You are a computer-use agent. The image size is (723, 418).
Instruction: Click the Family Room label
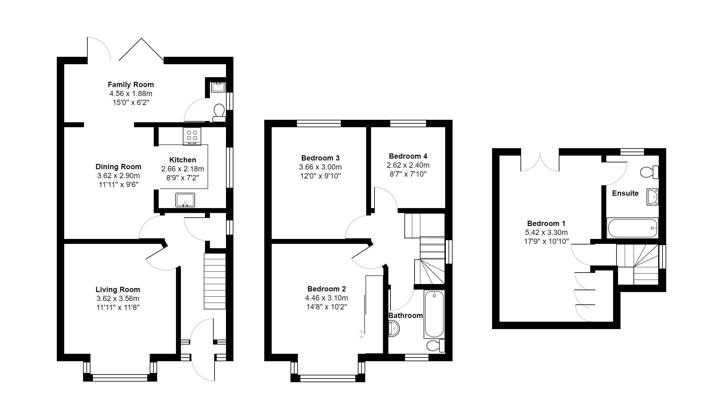pyautogui.click(x=131, y=85)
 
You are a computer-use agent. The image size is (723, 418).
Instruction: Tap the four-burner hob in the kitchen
pyautogui.click(x=192, y=136)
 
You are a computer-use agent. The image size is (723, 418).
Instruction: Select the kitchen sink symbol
pyautogui.click(x=185, y=200)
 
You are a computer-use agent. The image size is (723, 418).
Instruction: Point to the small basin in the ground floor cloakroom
pyautogui.click(x=218, y=87)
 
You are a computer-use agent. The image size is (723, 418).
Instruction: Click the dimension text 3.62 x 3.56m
pyautogui.click(x=118, y=299)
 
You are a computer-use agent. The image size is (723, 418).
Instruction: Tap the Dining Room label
pyautogui.click(x=118, y=167)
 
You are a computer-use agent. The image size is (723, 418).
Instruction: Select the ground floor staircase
pyautogui.click(x=215, y=281)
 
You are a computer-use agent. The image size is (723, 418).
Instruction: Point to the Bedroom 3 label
pyautogui.click(x=320, y=158)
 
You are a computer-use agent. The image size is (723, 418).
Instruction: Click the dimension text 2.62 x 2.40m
pyautogui.click(x=408, y=165)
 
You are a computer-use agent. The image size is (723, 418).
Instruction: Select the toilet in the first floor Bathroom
pyautogui.click(x=436, y=345)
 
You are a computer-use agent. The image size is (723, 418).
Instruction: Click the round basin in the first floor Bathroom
pyautogui.click(x=394, y=328)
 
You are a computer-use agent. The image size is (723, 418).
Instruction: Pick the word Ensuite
pyautogui.click(x=625, y=193)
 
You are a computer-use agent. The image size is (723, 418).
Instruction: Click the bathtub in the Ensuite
pyautogui.click(x=632, y=228)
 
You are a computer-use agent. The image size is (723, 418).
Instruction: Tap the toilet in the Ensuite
pyautogui.click(x=649, y=172)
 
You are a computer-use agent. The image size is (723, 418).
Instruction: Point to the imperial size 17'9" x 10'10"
pyautogui.click(x=546, y=241)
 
